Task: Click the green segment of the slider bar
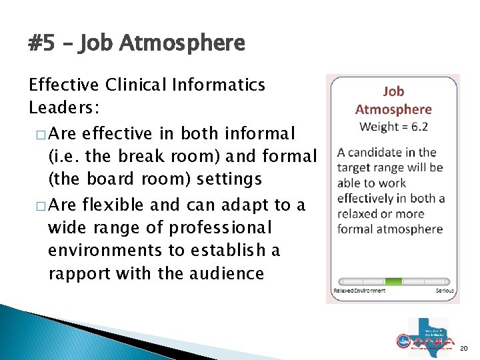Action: (x=394, y=281)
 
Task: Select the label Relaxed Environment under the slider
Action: (x=359, y=291)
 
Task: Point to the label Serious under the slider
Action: (x=445, y=291)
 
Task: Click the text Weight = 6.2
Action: (x=393, y=126)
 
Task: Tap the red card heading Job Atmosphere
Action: (x=393, y=101)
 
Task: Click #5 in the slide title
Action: (x=42, y=45)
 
